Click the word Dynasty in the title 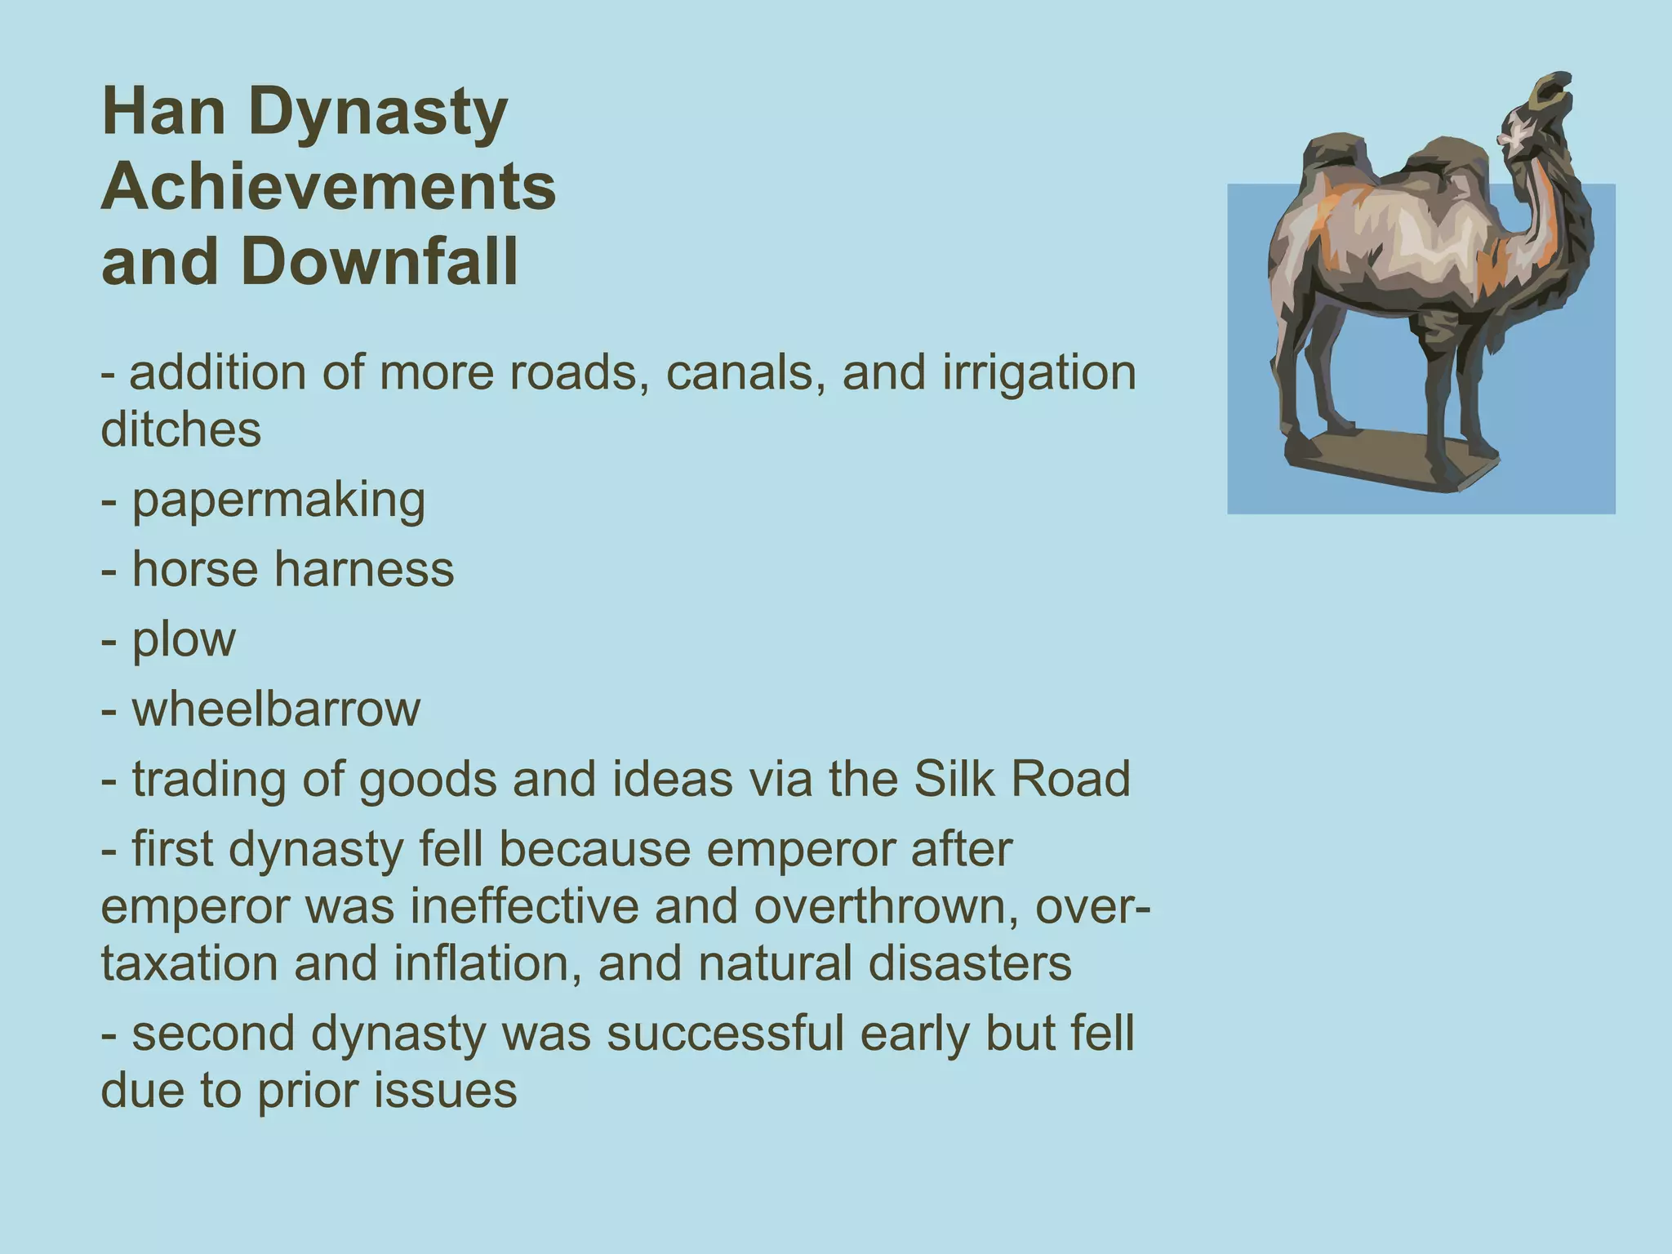click(x=378, y=114)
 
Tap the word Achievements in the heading click(x=328, y=187)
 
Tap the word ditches click(x=180, y=430)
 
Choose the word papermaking click(x=278, y=502)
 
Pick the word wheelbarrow click(x=276, y=709)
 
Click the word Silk click(x=954, y=779)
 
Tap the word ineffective click(x=523, y=906)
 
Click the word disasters click(x=969, y=963)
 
